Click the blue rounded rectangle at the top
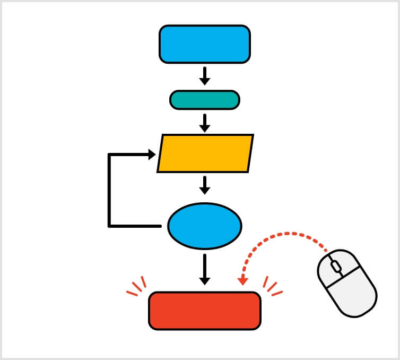coord(204,44)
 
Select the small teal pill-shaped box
coord(204,100)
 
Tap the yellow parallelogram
coord(205,153)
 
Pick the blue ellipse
coord(204,226)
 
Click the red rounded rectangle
coord(204,311)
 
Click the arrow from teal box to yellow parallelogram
coord(204,123)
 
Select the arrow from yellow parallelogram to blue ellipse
coord(204,185)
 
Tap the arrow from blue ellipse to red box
coord(204,269)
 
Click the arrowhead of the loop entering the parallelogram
coord(151,155)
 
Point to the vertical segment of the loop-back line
coord(109,191)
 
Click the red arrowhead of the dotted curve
coord(242,280)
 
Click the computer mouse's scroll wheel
coord(335,266)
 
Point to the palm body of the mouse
coord(353,294)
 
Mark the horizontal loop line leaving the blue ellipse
coord(135,226)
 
